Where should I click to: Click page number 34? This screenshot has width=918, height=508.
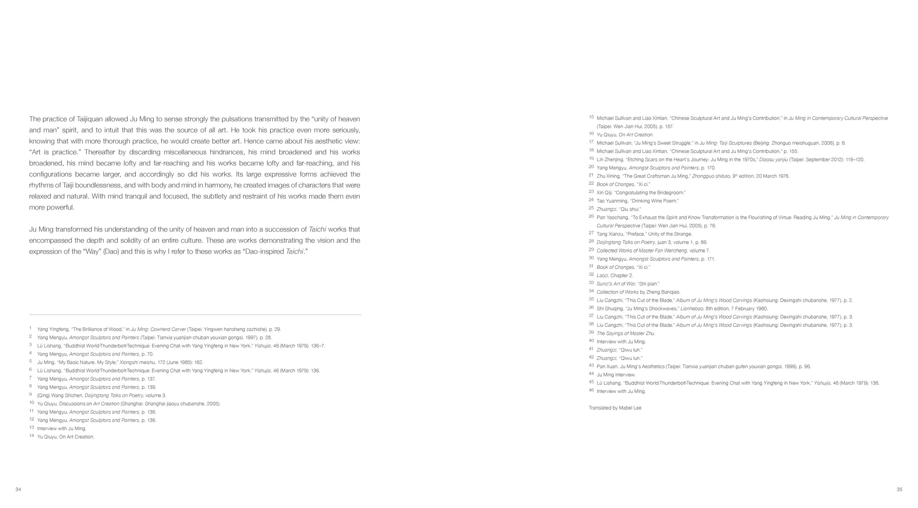pyautogui.click(x=18, y=489)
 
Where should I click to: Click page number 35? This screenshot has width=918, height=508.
pyautogui.click(x=899, y=489)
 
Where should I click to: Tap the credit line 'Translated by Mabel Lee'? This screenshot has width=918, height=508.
pyautogui.click(x=615, y=408)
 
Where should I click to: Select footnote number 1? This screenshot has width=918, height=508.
pyautogui.click(x=30, y=328)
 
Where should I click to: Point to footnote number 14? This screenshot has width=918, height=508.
pyautogui.click(x=32, y=436)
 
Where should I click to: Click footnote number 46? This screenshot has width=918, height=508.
pyautogui.click(x=591, y=390)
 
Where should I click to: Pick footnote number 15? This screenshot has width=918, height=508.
pyautogui.click(x=591, y=117)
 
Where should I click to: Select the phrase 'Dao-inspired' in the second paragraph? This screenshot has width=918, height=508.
pyautogui.click(x=264, y=251)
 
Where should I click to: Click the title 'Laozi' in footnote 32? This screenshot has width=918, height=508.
pyautogui.click(x=602, y=276)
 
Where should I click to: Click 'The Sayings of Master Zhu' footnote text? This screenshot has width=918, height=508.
pyautogui.click(x=626, y=333)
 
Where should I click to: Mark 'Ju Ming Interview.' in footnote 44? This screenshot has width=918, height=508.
pyautogui.click(x=616, y=375)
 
